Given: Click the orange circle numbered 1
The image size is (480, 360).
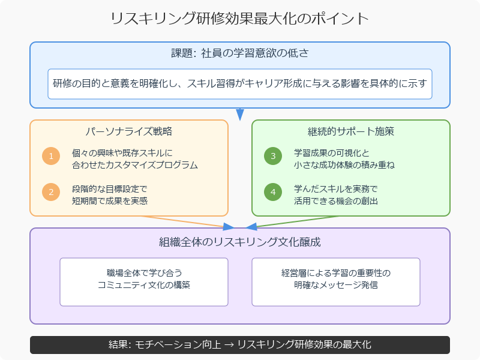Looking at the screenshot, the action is click(51, 156).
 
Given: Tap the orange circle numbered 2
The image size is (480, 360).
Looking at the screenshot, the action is click(51, 192).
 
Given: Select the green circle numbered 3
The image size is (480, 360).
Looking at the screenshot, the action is click(273, 156).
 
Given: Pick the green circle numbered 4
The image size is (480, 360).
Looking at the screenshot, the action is click(273, 192).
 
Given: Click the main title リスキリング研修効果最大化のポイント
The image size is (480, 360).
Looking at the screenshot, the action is click(239, 19).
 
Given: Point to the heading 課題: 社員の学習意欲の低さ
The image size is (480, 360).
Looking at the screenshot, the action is click(239, 53).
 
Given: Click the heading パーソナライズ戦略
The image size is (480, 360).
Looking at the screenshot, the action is click(129, 131).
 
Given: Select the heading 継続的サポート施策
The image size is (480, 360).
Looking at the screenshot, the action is click(351, 131).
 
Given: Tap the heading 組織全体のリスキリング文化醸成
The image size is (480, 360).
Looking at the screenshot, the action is click(239, 242).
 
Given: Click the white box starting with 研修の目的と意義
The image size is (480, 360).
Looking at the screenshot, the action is click(239, 84).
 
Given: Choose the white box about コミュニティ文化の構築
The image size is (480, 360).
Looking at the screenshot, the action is click(144, 282).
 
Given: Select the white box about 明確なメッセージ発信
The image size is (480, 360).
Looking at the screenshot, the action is click(336, 282).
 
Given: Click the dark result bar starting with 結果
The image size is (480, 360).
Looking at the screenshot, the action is click(239, 345).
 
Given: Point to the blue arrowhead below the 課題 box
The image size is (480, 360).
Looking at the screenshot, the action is click(240, 114).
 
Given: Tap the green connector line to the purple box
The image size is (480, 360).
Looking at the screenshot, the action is click(293, 222).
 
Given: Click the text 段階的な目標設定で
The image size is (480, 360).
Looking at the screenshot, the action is click(109, 189).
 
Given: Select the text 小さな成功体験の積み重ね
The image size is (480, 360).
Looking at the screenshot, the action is click(344, 165).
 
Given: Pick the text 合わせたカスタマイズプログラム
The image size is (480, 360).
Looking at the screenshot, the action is click(134, 165).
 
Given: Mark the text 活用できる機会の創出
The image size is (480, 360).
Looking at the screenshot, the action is click(336, 201).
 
